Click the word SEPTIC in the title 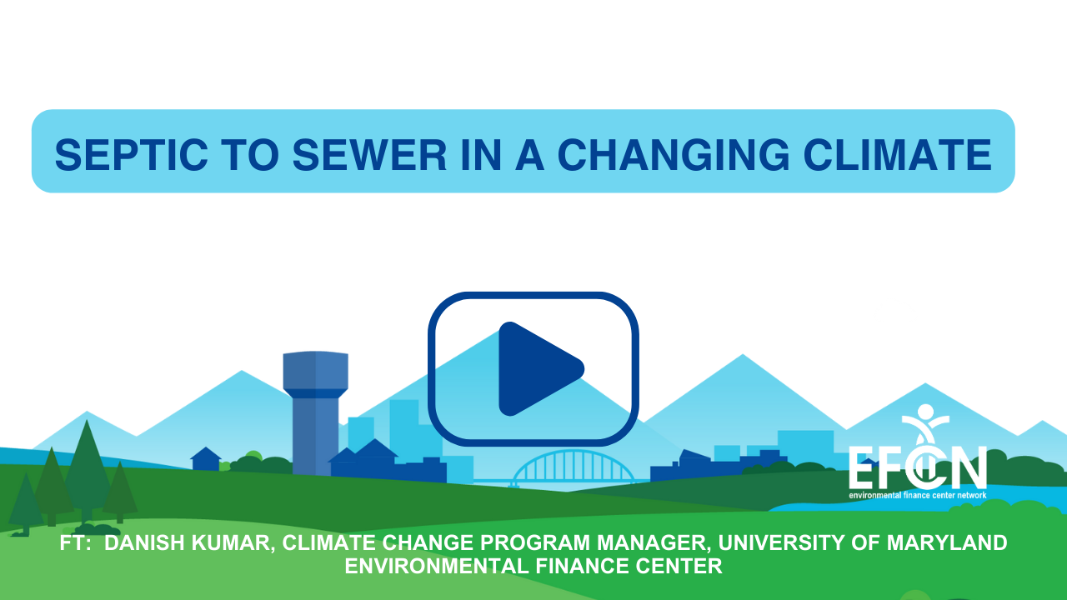click(x=131, y=155)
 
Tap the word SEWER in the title click(x=369, y=155)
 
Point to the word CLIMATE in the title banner click(x=898, y=155)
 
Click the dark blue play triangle click(x=536, y=369)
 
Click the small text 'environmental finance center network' click(x=918, y=495)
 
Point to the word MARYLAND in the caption click(x=947, y=542)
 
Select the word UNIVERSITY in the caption click(x=781, y=542)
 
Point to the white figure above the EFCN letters click(x=925, y=425)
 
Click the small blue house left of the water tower click(x=206, y=458)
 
